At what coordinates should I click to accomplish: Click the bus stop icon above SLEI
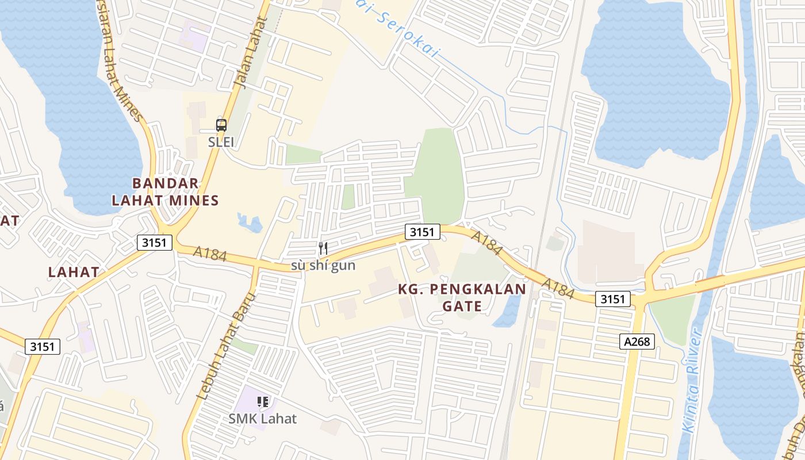click(221, 125)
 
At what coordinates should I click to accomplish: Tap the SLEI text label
click(221, 142)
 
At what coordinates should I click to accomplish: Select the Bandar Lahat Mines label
click(166, 192)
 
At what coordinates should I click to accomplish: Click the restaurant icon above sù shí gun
click(323, 248)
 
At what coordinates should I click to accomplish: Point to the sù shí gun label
click(323, 266)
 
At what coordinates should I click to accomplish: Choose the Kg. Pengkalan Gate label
click(462, 297)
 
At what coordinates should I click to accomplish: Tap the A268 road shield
click(638, 342)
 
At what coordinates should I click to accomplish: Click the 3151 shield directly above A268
click(613, 299)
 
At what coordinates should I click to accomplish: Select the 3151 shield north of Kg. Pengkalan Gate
click(422, 232)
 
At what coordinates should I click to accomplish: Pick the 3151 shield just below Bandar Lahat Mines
click(155, 243)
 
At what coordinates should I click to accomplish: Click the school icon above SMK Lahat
click(263, 402)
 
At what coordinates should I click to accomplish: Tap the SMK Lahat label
click(263, 419)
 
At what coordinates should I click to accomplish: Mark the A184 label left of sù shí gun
click(210, 254)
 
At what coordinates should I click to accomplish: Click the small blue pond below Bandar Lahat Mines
click(250, 221)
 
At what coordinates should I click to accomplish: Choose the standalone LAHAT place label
click(74, 272)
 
